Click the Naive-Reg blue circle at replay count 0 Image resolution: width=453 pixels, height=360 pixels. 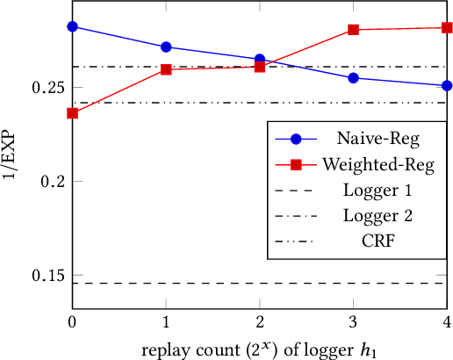pyautogui.click(x=72, y=26)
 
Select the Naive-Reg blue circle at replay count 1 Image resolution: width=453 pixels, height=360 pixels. pyautogui.click(x=166, y=47)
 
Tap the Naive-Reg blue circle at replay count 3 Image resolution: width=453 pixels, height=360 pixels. pyautogui.click(x=354, y=78)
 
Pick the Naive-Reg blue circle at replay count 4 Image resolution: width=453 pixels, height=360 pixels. pyautogui.click(x=447, y=85)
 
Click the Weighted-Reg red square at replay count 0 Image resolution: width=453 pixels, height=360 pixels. pyautogui.click(x=72, y=113)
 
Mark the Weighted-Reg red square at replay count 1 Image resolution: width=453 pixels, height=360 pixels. pyautogui.click(x=166, y=69)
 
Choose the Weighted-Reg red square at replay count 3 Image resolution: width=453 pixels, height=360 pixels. pyautogui.click(x=354, y=30)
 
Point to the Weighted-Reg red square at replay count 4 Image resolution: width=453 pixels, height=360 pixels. pyautogui.click(x=447, y=28)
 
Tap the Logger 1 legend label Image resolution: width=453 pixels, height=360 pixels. pyautogui.click(x=377, y=188)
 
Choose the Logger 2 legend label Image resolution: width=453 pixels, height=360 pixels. pyautogui.click(x=377, y=212)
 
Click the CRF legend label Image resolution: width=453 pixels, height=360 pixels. pyautogui.click(x=377, y=237)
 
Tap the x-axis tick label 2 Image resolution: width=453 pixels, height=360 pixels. pyautogui.click(x=260, y=322)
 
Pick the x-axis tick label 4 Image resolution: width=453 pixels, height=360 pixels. pyautogui.click(x=447, y=322)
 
